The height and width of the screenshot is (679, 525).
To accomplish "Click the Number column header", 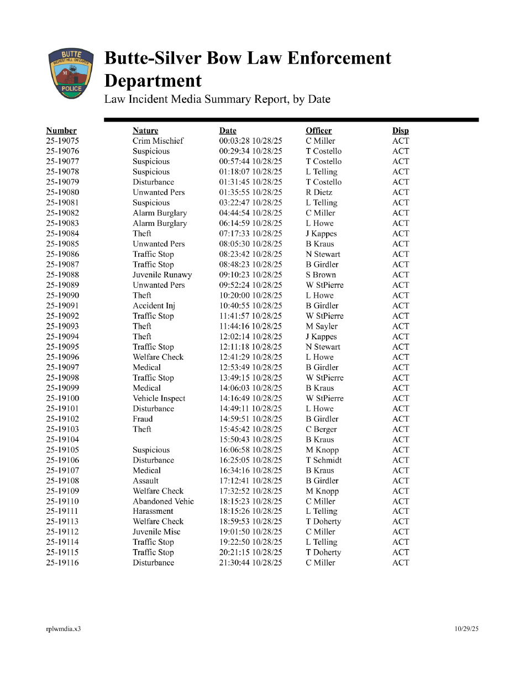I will [61, 130].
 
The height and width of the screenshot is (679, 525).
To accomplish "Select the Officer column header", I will [319, 130].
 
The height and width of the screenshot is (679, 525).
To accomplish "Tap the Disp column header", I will [401, 130].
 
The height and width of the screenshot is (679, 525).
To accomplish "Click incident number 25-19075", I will [62, 141].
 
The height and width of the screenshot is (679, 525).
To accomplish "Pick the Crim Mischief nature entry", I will [158, 141].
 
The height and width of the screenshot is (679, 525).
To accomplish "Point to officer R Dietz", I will [319, 192].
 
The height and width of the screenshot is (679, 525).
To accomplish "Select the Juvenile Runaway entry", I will [162, 275].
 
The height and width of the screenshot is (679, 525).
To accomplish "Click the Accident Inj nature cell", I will [154, 306].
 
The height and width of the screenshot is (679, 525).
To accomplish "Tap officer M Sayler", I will [322, 326].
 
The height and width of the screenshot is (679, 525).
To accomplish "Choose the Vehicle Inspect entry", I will [159, 398].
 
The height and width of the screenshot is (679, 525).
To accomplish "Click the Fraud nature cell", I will [143, 419].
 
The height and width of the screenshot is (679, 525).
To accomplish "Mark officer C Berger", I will [321, 429].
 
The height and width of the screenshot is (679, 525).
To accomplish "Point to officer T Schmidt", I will [324, 460].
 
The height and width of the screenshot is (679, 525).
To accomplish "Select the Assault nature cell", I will [145, 481].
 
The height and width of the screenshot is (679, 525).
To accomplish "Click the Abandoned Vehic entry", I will [163, 501].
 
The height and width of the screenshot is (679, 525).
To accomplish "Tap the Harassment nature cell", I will [153, 512].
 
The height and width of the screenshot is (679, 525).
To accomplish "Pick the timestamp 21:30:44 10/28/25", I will [250, 563].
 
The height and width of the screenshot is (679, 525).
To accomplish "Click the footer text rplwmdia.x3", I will [63, 629].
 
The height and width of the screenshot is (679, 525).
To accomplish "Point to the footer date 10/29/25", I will [467, 629].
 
